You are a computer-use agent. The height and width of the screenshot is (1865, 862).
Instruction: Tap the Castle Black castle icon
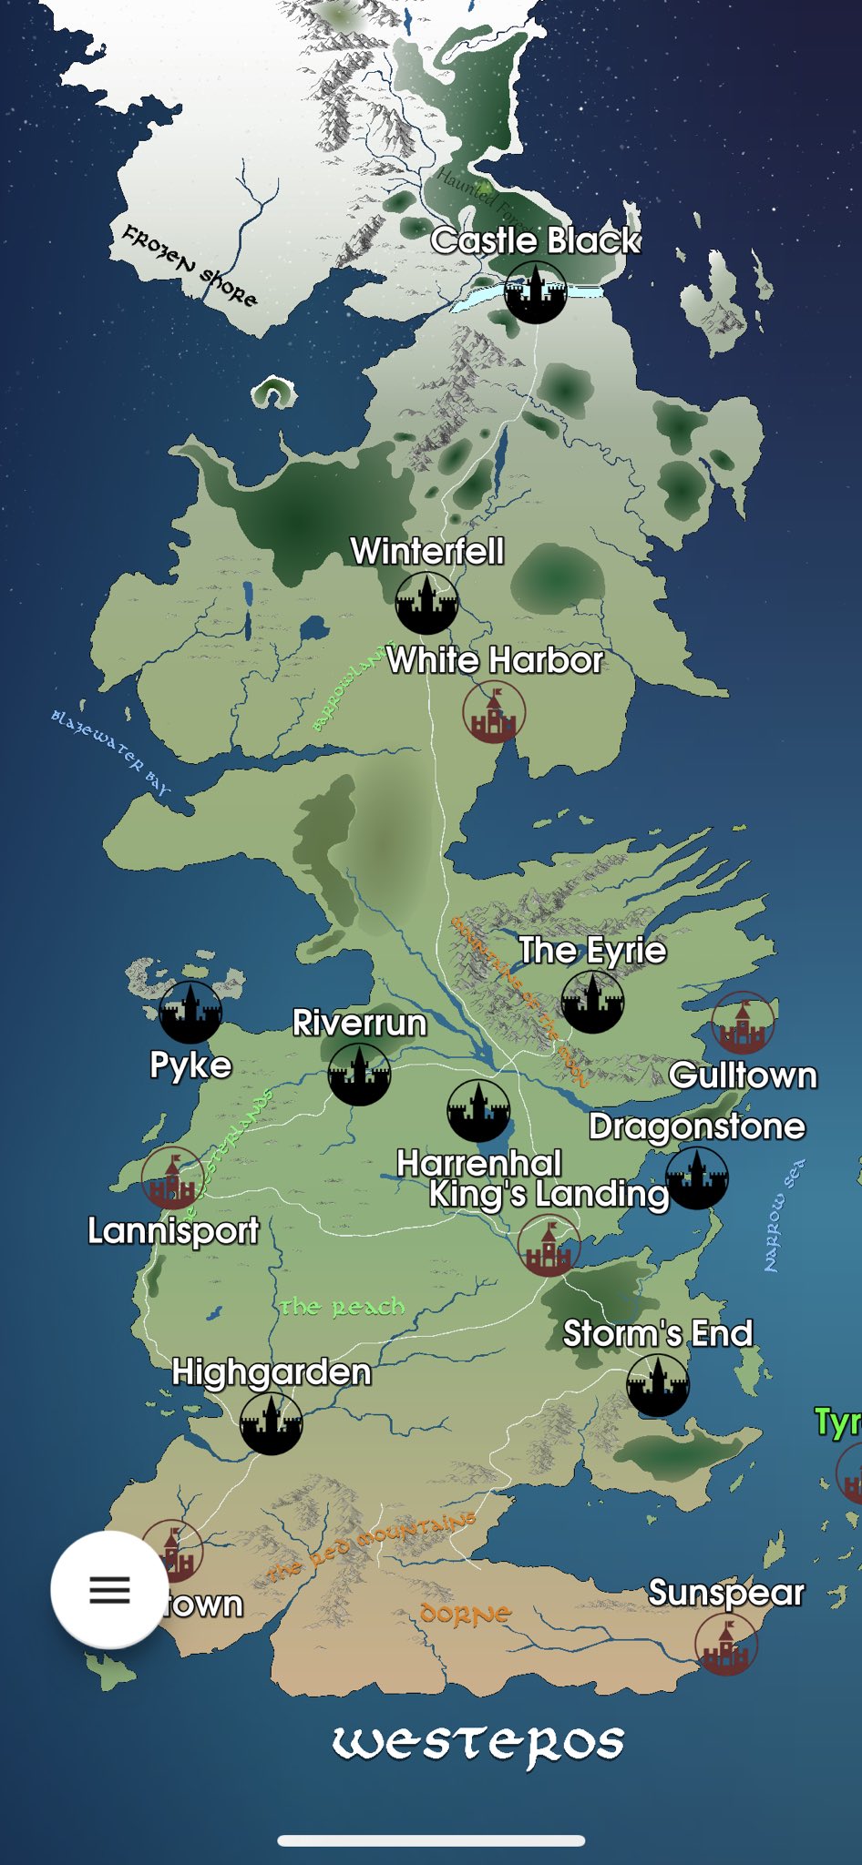point(535,291)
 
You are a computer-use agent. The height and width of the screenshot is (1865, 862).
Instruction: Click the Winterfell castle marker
point(426,603)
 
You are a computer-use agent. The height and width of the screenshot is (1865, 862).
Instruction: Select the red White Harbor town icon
point(494,711)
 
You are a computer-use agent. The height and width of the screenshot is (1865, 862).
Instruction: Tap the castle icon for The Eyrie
point(592,1002)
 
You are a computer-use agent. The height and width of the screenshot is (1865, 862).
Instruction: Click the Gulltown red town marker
point(743,1023)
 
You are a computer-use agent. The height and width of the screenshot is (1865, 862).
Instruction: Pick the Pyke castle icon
point(190,1012)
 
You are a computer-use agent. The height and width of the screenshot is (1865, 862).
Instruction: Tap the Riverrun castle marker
point(359,1075)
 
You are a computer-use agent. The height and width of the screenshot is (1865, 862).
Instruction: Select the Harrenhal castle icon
point(478,1111)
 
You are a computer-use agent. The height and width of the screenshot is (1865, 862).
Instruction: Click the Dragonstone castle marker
point(697,1177)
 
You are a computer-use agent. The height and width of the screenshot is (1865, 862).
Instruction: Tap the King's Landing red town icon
point(549,1245)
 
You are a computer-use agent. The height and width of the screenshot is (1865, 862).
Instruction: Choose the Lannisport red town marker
point(172,1177)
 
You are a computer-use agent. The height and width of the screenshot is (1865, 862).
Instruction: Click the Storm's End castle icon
point(658,1385)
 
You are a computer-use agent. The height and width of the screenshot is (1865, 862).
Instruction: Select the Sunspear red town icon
point(726,1645)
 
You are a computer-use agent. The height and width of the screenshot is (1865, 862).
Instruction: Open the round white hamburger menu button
point(109,1589)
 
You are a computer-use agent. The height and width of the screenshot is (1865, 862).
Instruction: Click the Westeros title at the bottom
point(477,1743)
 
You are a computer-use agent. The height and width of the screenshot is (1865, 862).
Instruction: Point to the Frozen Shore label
point(190,265)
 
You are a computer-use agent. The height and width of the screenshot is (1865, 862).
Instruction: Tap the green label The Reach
point(342,1308)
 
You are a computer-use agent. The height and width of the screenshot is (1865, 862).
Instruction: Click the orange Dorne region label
point(466,1615)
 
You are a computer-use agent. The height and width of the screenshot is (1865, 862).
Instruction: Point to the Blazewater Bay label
point(110,750)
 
